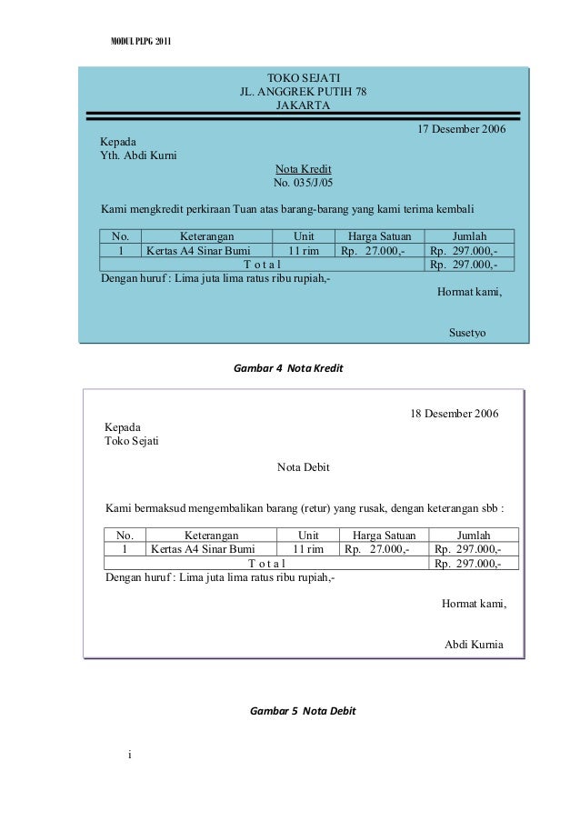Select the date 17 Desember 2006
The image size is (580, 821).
click(x=461, y=129)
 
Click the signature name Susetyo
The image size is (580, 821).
click(x=467, y=333)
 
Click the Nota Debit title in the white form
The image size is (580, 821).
click(x=303, y=467)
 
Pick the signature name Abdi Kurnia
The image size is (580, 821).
click(x=472, y=645)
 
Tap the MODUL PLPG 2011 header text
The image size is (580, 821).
click(x=139, y=43)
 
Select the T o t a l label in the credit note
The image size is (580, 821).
click(x=262, y=265)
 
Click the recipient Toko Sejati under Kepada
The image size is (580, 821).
click(x=132, y=441)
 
